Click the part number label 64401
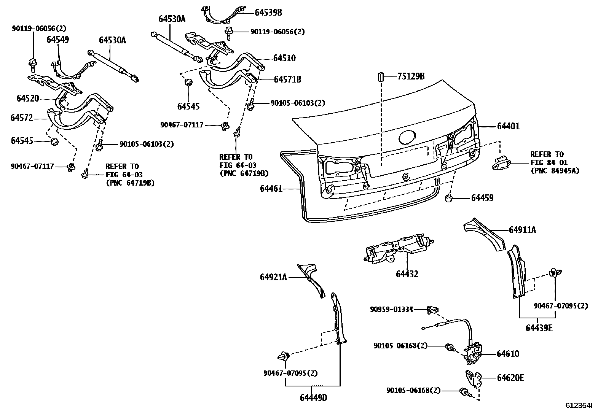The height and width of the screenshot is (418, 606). point(508,126)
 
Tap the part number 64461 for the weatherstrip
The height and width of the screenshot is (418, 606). point(271,188)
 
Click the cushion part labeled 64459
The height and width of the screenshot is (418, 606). point(449,198)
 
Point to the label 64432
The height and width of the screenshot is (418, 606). point(407,274)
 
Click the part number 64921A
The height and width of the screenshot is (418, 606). point(273,277)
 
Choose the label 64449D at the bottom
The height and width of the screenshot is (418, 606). point(313,398)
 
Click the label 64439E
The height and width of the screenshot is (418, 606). point(539,328)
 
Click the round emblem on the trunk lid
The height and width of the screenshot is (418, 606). point(407,138)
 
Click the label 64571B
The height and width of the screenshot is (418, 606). point(287,79)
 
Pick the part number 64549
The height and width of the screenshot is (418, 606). point(58,40)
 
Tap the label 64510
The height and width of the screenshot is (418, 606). point(284,58)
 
